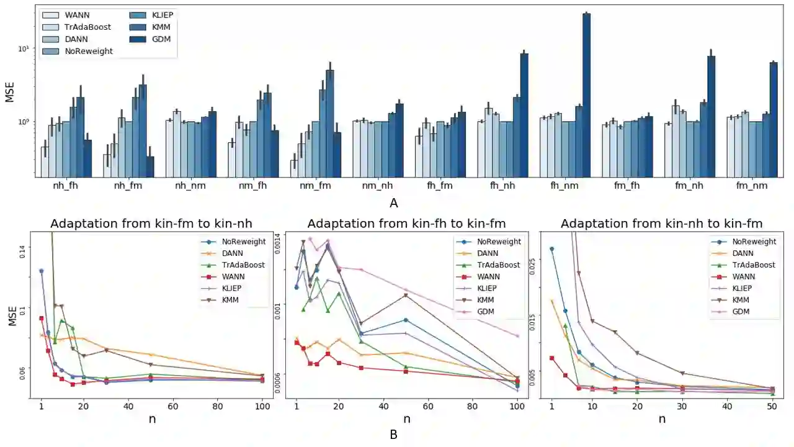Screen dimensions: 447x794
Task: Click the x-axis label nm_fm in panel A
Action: click(311, 185)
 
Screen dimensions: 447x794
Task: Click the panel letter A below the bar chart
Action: click(393, 203)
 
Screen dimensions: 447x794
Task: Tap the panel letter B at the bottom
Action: click(393, 435)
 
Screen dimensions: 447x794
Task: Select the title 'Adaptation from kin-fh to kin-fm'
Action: click(406, 223)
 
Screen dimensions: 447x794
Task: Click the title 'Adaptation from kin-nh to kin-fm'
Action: click(661, 223)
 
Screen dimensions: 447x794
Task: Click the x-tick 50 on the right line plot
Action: click(772, 407)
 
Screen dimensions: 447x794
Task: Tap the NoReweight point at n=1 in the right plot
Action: click(551, 249)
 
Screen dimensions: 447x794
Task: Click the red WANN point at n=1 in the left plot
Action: click(42, 318)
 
